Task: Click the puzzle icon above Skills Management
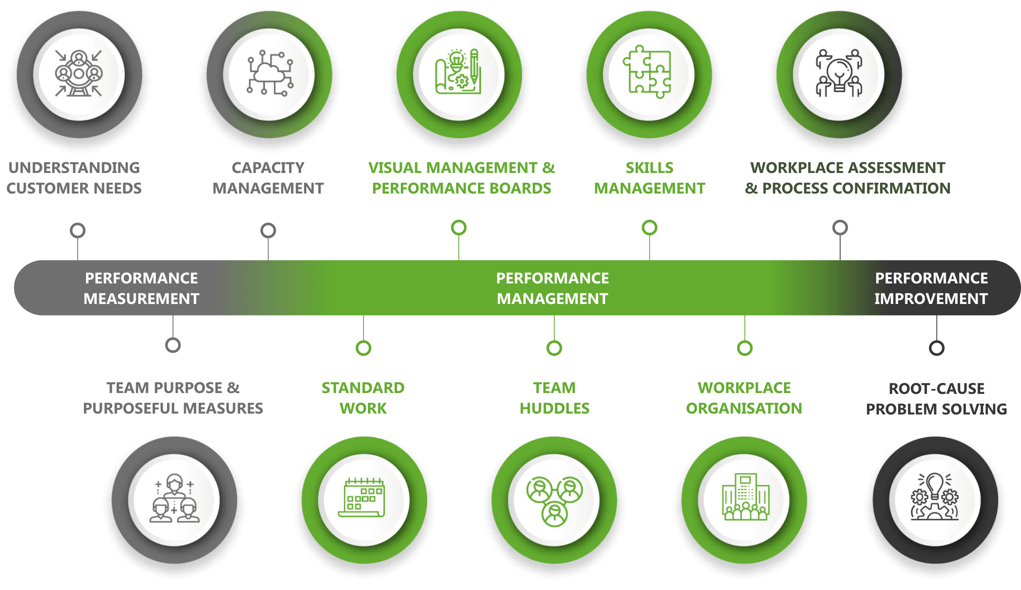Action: (649, 73)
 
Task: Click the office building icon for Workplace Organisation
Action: (745, 498)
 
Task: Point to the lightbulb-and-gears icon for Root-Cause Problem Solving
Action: (935, 498)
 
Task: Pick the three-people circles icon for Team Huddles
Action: (555, 500)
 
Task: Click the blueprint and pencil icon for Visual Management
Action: (459, 73)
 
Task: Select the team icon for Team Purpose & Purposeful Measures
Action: (174, 498)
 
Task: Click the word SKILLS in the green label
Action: (649, 168)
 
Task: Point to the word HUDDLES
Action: (555, 408)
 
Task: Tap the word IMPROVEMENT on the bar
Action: (931, 299)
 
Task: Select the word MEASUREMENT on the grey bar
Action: (141, 299)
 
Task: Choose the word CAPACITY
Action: (268, 168)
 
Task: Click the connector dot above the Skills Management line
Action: (649, 228)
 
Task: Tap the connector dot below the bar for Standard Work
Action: (363, 348)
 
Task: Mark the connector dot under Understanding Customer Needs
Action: (78, 230)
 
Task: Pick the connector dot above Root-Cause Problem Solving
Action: (937, 348)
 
